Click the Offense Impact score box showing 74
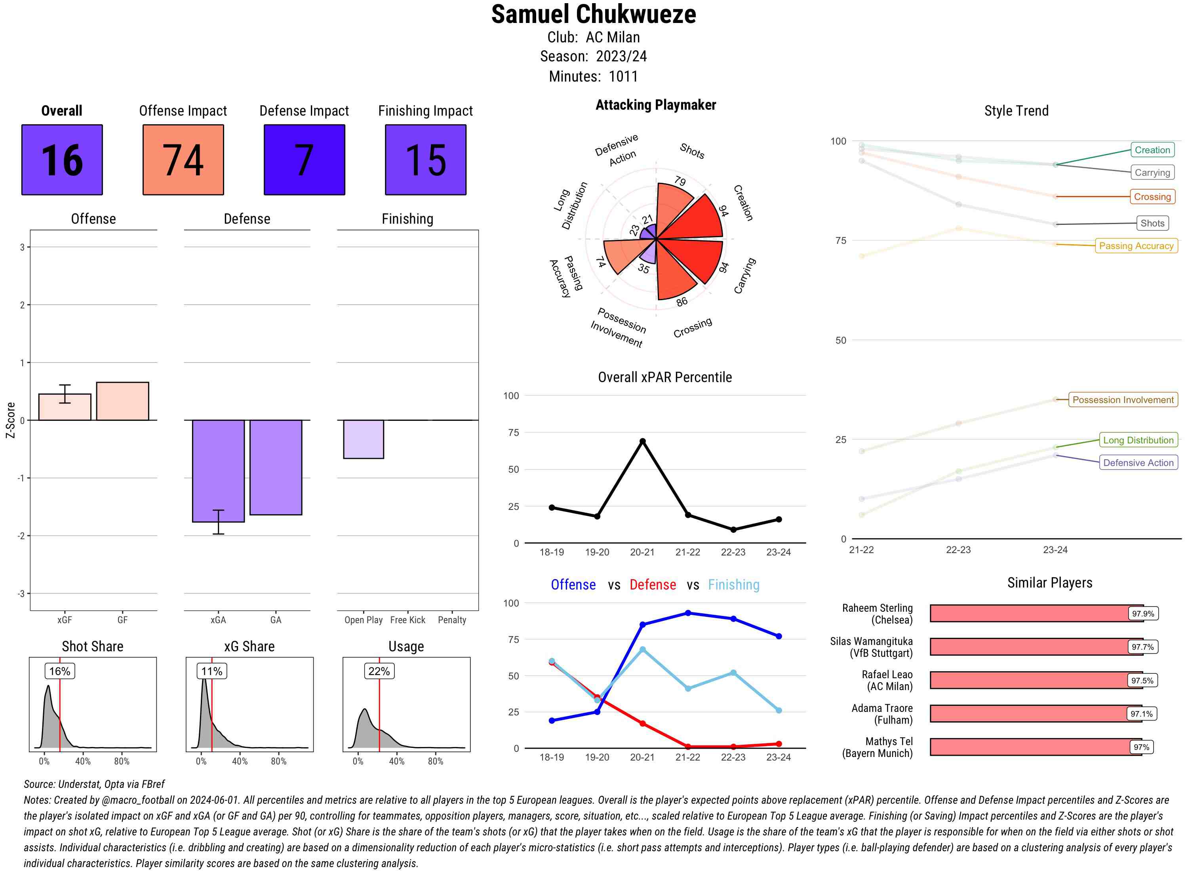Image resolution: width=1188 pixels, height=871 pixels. [x=183, y=160]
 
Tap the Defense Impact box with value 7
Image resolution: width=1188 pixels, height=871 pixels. [x=304, y=160]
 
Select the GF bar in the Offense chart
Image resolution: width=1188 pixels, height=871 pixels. [x=122, y=401]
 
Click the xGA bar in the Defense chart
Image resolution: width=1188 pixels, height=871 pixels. [x=218, y=471]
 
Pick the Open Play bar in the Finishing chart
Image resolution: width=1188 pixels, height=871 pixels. [x=363, y=439]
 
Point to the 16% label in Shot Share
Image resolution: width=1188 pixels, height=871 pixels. [x=59, y=671]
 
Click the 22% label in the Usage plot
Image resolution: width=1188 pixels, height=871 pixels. [x=379, y=671]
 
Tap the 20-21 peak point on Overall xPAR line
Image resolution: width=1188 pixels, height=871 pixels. [x=642, y=441]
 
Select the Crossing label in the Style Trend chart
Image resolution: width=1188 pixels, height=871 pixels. [x=1152, y=197]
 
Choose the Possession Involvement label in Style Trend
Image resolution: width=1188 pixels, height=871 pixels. [x=1123, y=399]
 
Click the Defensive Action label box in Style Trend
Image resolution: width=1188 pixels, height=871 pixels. [x=1138, y=462]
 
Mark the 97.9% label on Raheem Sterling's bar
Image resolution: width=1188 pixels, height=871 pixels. [x=1142, y=614]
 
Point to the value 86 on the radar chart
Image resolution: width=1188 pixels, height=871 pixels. [x=682, y=302]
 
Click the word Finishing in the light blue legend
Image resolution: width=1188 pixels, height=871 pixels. [x=733, y=585]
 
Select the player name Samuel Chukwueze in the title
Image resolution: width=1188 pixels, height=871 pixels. [x=593, y=15]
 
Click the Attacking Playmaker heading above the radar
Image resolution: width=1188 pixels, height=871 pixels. [x=655, y=105]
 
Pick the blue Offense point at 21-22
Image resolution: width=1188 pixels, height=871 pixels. [x=687, y=613]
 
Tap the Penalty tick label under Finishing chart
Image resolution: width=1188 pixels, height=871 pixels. [x=452, y=620]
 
